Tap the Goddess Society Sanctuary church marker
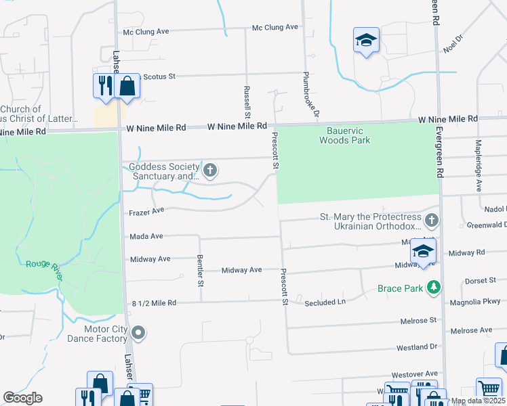[x=210, y=170]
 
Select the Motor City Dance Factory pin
[x=138, y=332]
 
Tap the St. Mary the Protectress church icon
[x=431, y=220]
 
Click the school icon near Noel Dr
[x=366, y=41]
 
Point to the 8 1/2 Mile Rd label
[x=153, y=302]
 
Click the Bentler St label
[x=200, y=270]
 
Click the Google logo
[x=22, y=398]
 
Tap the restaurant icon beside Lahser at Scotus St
[x=104, y=85]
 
